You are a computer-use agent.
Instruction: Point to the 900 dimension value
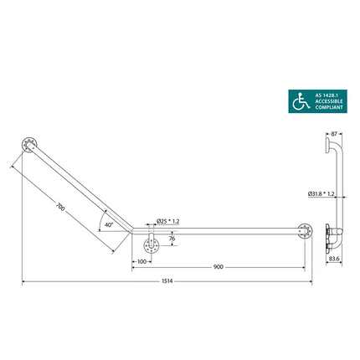[x=219, y=266]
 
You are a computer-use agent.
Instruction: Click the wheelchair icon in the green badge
[x=298, y=101]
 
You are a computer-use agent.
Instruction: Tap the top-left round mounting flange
[x=31, y=145]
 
